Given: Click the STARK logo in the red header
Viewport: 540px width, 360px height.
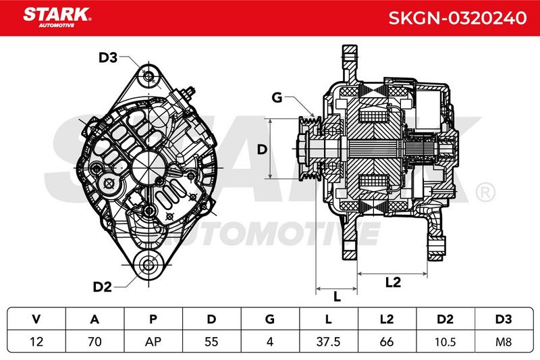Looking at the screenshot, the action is [x=57, y=18].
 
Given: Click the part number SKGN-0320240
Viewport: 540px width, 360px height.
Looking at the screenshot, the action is [x=458, y=18].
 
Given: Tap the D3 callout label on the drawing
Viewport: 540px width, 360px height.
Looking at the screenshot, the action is [x=108, y=57].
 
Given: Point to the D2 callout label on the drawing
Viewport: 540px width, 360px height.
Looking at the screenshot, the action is [x=103, y=286].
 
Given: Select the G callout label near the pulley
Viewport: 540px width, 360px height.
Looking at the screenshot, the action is [x=277, y=97].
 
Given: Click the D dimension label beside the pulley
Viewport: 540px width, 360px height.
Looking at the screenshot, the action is [x=262, y=149].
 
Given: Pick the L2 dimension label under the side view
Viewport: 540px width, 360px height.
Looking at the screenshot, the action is [x=393, y=282].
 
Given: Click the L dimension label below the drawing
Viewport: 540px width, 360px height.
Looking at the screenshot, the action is [x=337, y=297].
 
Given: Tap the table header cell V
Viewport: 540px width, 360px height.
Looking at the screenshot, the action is [x=36, y=319].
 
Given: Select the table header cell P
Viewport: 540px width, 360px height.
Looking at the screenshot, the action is [x=153, y=319].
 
